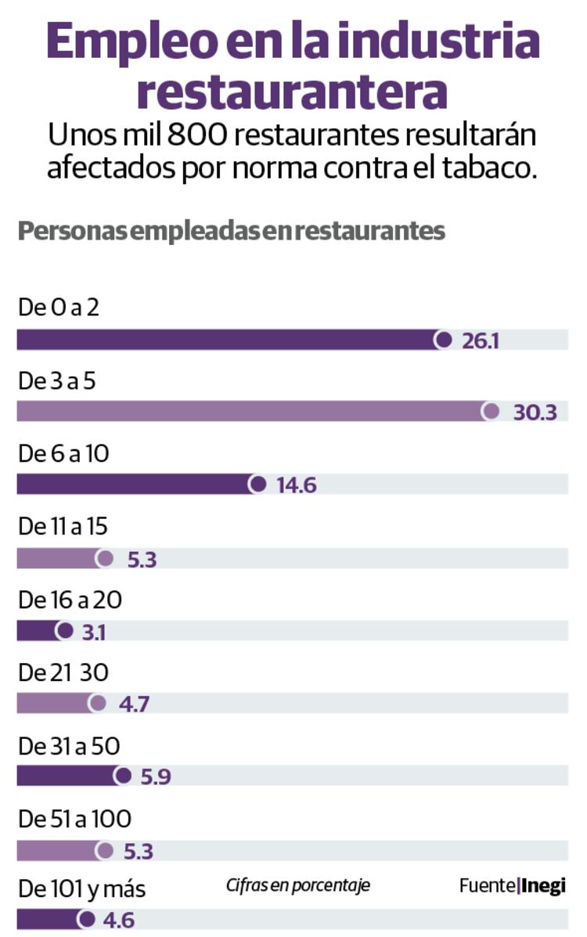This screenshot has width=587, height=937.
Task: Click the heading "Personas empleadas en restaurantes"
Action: coord(231,232)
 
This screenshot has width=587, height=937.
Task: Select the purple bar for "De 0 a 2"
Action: coord(227,340)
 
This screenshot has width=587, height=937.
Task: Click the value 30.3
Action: coord(535,413)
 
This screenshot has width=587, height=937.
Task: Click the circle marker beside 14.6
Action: coord(257,485)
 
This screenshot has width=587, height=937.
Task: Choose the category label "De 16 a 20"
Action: coord(70,600)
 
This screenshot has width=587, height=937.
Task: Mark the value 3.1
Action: coord(94,632)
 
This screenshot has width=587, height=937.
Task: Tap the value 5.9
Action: coord(155,777)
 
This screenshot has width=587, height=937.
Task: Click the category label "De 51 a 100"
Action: coord(74,819)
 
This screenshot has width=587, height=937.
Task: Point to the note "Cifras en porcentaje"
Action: coord(298,885)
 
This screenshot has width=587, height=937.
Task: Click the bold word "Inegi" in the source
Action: coord(543,886)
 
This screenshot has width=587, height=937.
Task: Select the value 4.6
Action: coord(120,921)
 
